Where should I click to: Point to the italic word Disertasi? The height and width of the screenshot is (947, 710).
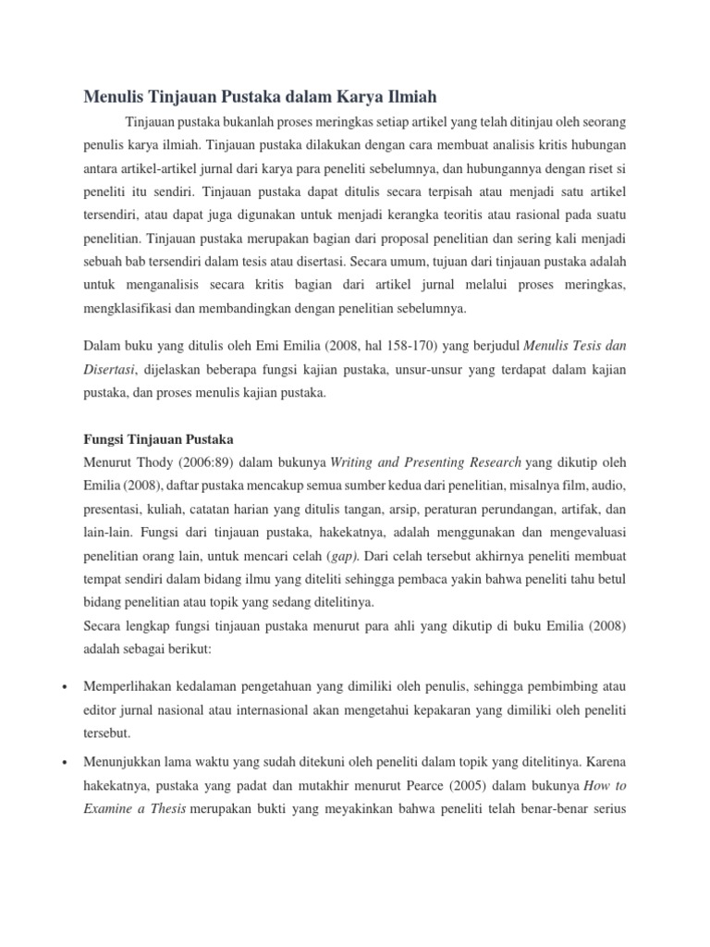pos(110,370)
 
